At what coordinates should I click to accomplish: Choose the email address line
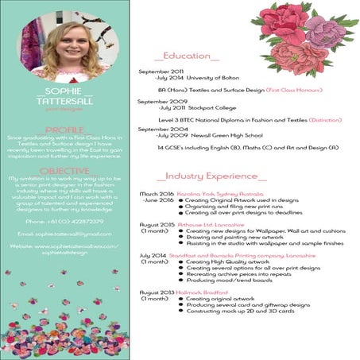point(64,234)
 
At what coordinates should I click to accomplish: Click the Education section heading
point(189,56)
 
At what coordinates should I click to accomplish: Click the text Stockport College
point(203,106)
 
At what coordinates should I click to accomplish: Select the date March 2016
point(157,193)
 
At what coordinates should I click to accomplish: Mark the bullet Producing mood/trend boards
point(229,281)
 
